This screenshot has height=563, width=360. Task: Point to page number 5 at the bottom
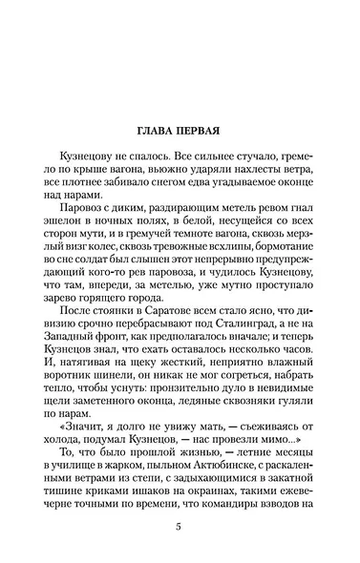(x=180, y=531)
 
